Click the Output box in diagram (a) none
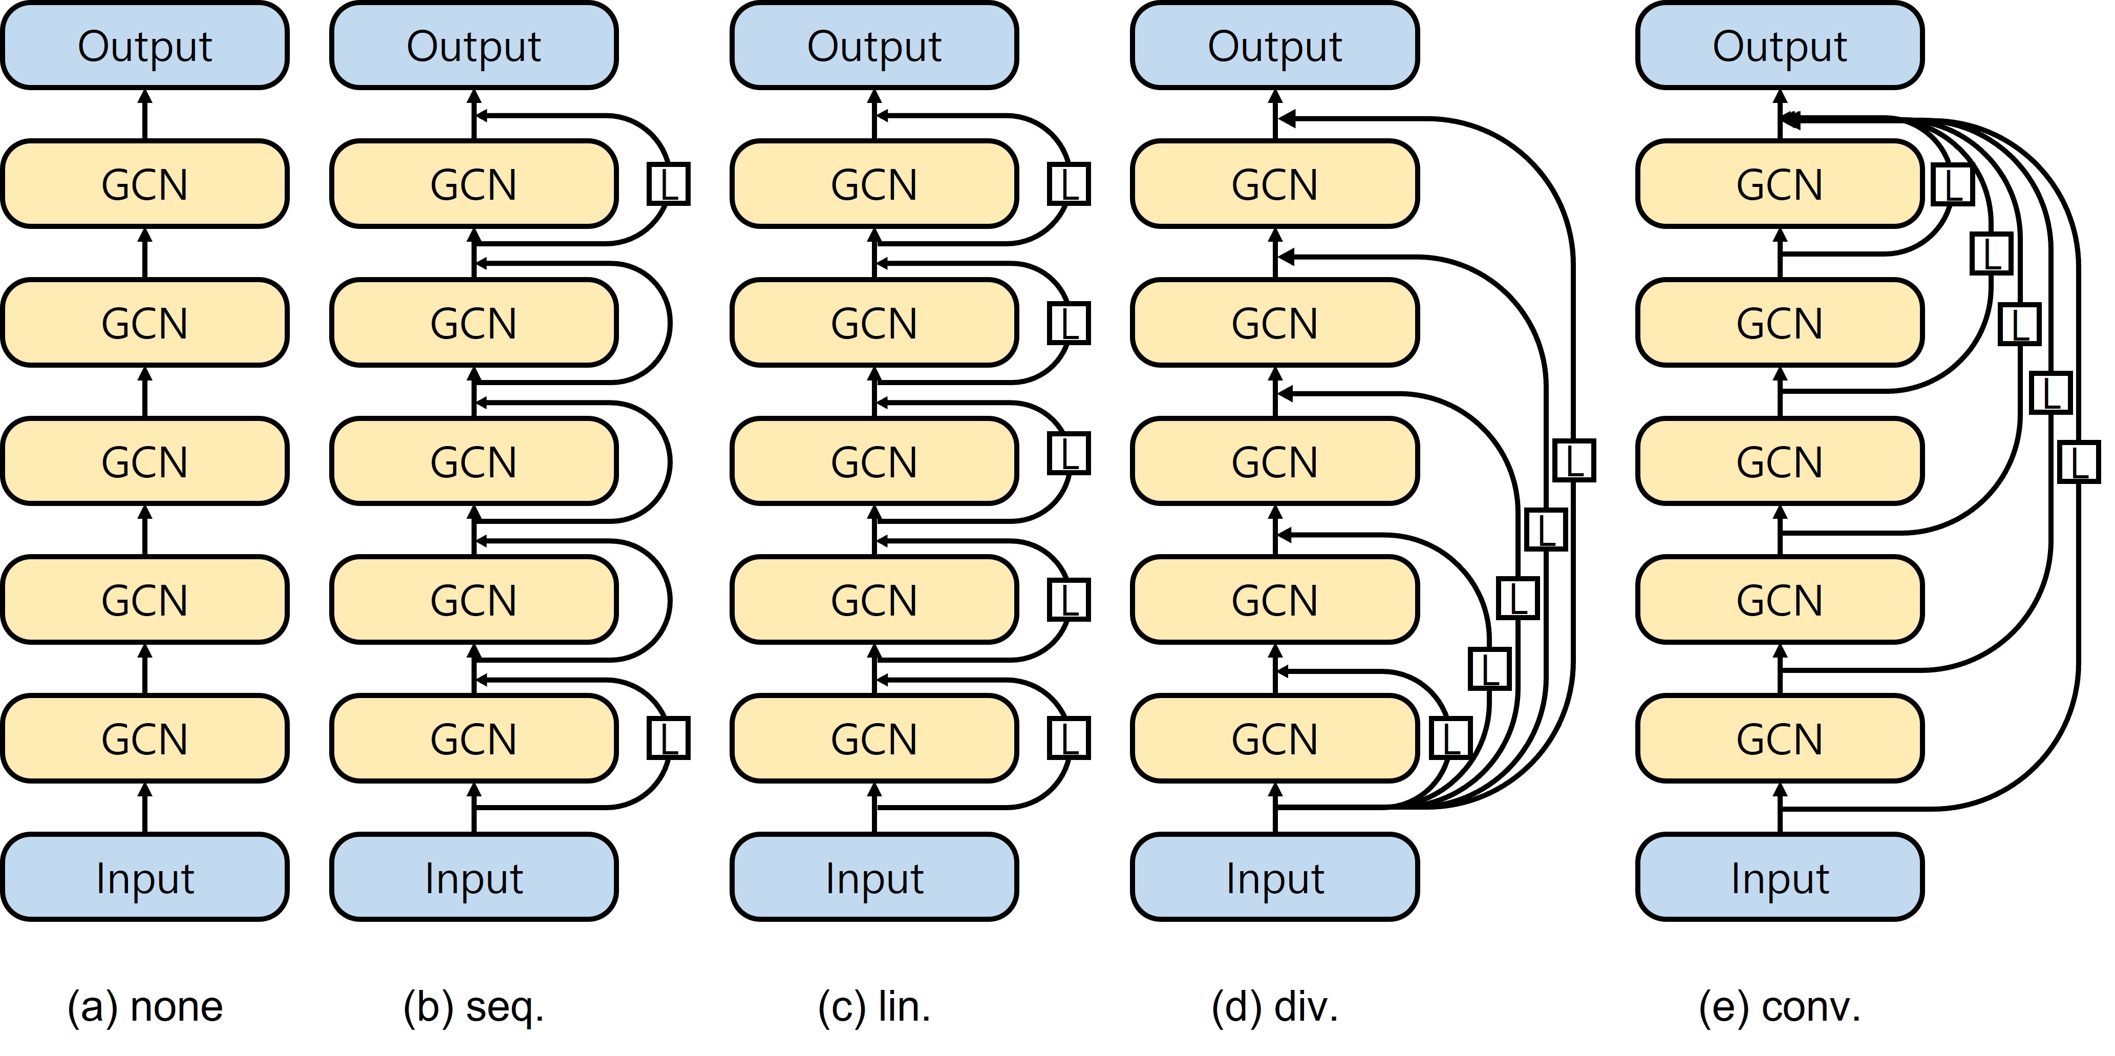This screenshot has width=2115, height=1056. tap(144, 46)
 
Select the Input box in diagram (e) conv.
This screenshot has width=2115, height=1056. tap(1779, 878)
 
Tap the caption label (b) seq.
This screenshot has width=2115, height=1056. tap(474, 1007)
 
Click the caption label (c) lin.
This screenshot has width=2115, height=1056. tap(874, 1007)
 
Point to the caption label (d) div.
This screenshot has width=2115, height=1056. tap(1275, 1007)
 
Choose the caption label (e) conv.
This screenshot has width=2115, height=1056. tap(1779, 1007)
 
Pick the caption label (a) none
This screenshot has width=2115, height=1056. tap(144, 1007)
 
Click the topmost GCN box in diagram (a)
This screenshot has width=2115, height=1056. tap(144, 184)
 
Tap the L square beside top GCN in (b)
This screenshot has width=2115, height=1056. tap(668, 184)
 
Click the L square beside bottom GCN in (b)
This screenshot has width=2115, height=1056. tap(668, 738)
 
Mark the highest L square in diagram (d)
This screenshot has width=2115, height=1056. tap(1574, 461)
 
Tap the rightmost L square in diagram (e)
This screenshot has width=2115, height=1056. tap(2079, 462)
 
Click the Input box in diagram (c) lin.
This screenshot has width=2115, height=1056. tap(874, 878)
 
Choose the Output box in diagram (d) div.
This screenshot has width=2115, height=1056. tap(1275, 46)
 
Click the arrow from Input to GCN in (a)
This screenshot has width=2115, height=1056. tap(144, 807)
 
